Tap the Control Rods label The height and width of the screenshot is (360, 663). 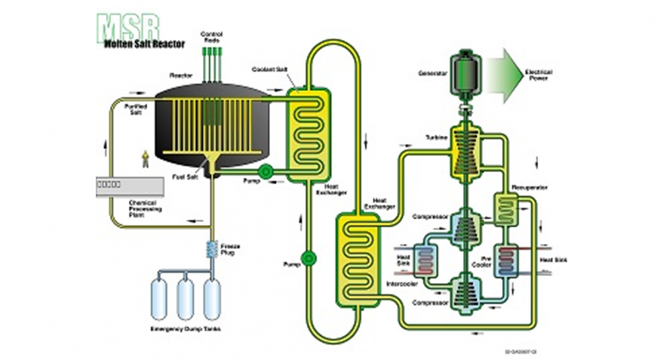click(x=212, y=36)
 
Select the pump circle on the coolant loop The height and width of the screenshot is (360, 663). click(x=309, y=258)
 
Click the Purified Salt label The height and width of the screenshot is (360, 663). click(x=135, y=110)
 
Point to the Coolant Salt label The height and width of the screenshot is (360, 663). click(x=268, y=70)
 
